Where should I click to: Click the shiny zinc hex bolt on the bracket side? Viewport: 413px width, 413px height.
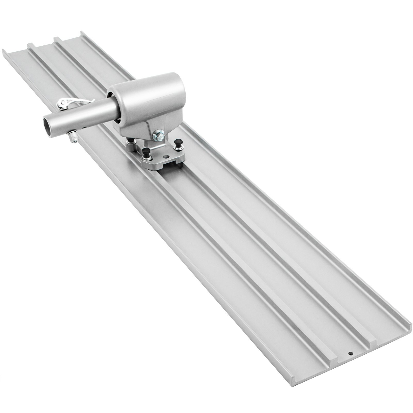[x=158, y=134]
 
